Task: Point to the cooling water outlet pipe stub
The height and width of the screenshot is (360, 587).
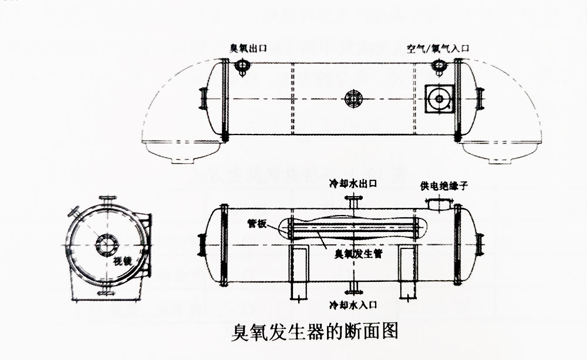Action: [352, 203]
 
